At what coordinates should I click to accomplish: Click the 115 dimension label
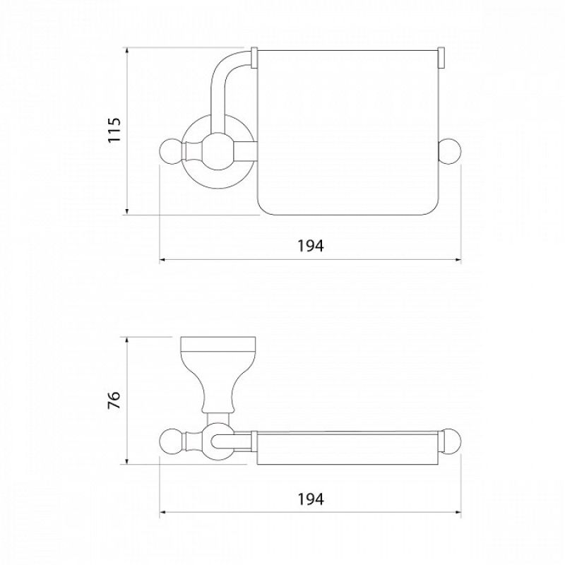coord(114,130)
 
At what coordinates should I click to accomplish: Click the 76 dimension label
coord(114,400)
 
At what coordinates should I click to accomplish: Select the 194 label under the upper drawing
coord(311,246)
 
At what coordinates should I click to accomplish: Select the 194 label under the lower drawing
coord(311,499)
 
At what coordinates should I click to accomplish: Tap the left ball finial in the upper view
coord(172,151)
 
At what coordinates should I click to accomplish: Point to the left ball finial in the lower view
coord(172,441)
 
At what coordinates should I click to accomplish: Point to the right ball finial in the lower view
coord(451,441)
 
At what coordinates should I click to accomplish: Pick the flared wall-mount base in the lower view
coord(218,375)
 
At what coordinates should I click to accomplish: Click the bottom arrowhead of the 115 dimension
coord(127,211)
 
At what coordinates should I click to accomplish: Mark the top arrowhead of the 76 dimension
coord(127,340)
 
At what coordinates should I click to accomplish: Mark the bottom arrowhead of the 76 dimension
coord(127,460)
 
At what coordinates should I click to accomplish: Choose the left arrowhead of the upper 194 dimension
coord(163,259)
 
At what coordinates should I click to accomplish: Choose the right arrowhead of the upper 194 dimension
coord(458,259)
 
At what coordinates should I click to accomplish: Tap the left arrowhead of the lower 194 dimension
coord(163,511)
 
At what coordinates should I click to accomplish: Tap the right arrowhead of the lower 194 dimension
coord(458,511)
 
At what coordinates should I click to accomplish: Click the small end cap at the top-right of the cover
coord(441,58)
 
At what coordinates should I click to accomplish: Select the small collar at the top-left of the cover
coord(254,58)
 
